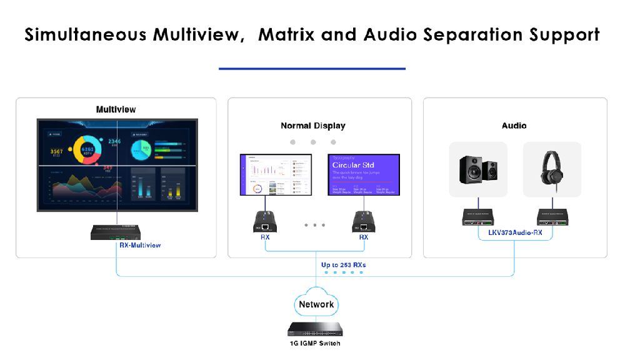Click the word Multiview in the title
(x=198, y=34)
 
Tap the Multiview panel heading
(x=116, y=109)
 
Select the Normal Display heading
(x=312, y=126)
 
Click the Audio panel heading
(x=514, y=126)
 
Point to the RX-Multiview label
(x=140, y=245)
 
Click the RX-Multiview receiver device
(x=116, y=231)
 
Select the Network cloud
(x=316, y=304)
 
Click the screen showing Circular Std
(x=363, y=174)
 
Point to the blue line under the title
(x=312, y=69)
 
